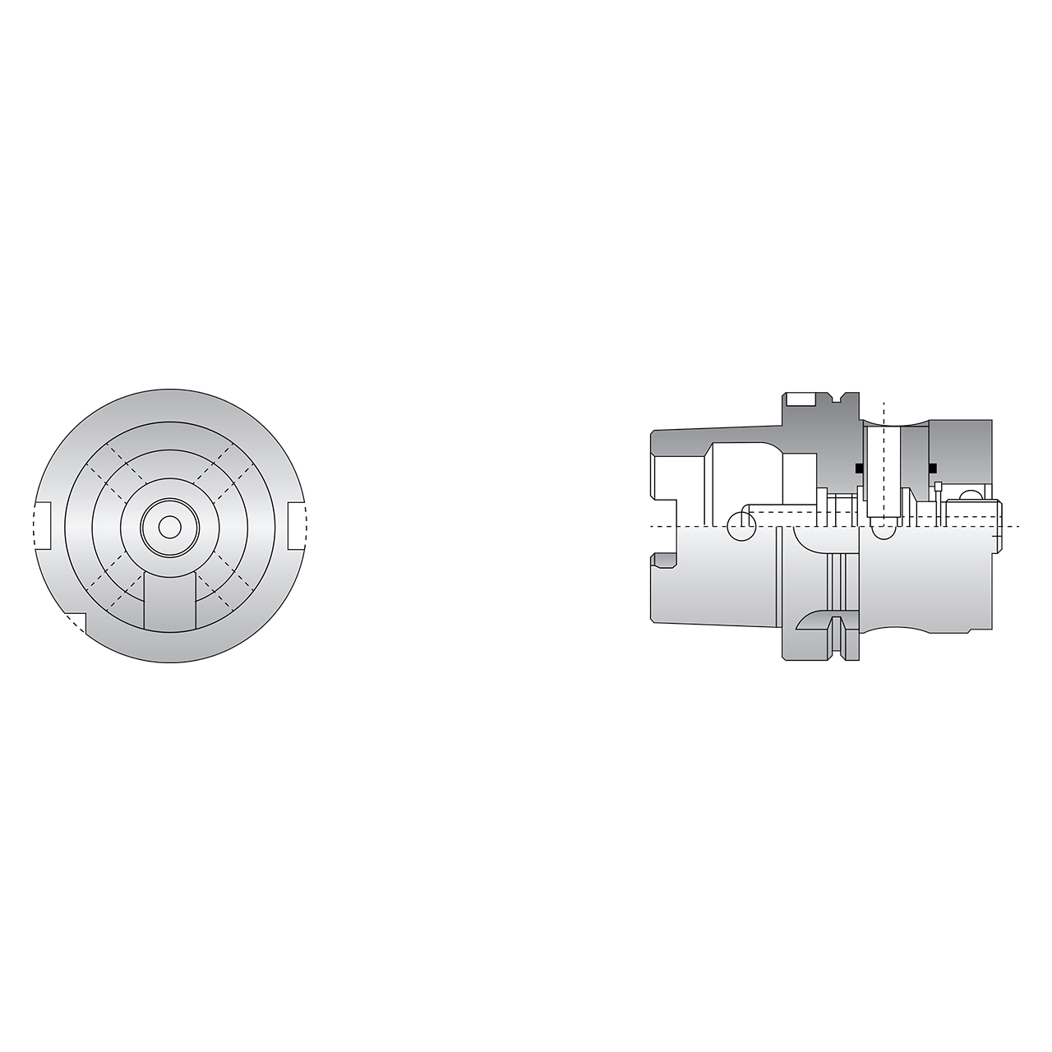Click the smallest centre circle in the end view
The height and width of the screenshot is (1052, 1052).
tap(169, 526)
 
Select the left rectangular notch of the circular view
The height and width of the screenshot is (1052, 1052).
tap(42, 525)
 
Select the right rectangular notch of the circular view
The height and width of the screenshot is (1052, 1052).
tap(297, 525)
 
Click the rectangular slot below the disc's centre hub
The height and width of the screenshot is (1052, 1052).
tap(169, 602)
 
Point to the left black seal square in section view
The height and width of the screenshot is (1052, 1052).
tap(859, 468)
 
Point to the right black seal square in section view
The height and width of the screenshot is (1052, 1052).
tap(933, 468)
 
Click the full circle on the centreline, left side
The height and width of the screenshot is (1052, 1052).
tap(741, 526)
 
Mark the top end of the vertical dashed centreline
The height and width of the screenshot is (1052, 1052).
tap(884, 404)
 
